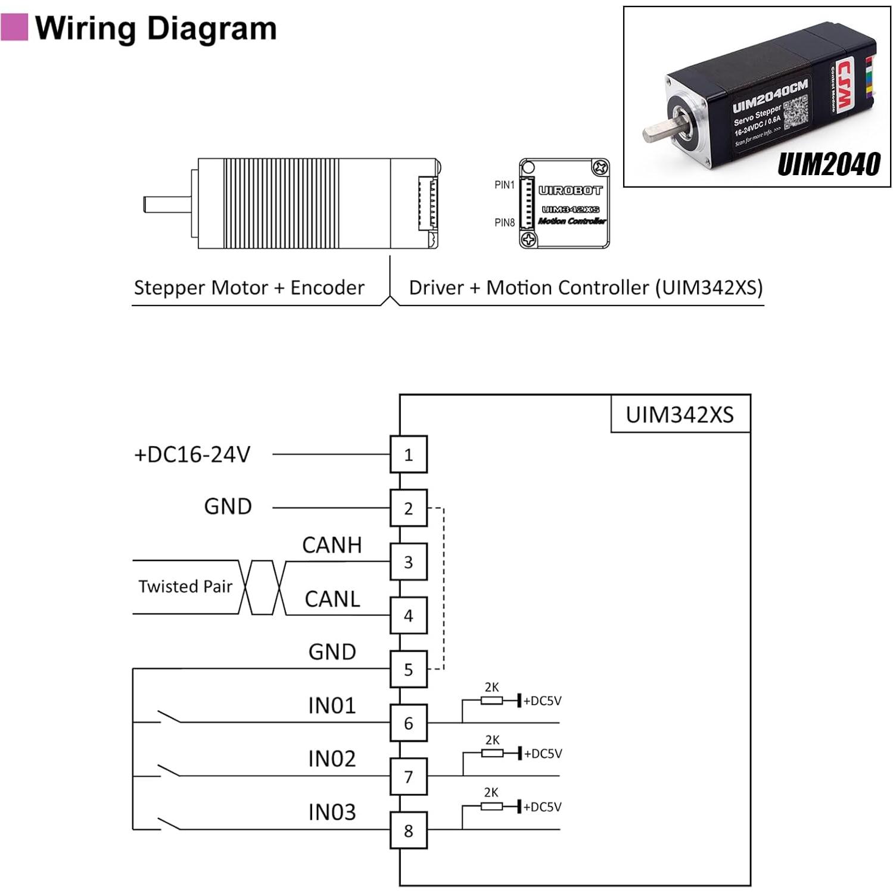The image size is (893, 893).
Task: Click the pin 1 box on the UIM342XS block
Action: (408, 455)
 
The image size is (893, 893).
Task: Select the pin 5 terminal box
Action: (408, 669)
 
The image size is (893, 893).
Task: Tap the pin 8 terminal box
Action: (408, 830)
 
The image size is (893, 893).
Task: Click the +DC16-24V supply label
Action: (192, 455)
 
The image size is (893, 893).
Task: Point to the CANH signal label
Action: (332, 545)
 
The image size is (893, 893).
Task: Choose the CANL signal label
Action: (332, 599)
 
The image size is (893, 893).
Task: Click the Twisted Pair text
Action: (185, 586)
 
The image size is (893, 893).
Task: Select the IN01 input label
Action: (332, 705)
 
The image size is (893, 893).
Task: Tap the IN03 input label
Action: (332, 812)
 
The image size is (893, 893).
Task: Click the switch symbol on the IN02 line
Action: (169, 770)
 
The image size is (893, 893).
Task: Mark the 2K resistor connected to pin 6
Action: (491, 701)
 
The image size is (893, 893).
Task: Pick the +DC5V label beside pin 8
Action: (542, 807)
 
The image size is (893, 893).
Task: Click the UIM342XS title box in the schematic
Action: (680, 415)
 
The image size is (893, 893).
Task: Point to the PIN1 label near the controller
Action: (504, 185)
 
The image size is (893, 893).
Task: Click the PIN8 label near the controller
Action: (504, 223)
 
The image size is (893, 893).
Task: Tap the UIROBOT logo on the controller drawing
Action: (570, 191)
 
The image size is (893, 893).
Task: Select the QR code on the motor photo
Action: (795, 113)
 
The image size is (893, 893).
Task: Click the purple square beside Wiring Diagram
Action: (14, 27)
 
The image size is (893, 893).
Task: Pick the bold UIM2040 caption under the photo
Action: (829, 164)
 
